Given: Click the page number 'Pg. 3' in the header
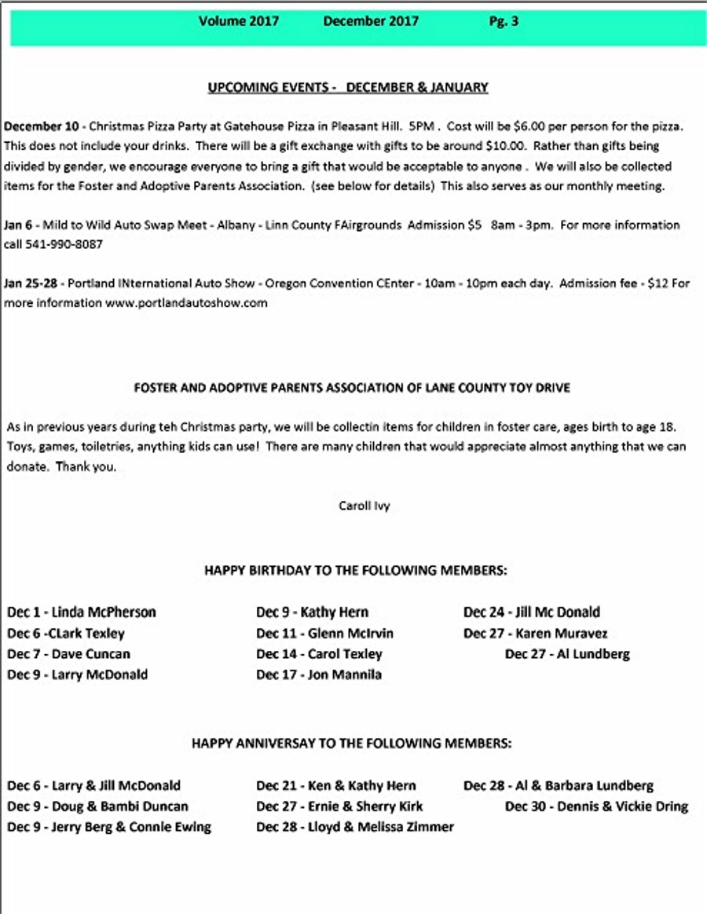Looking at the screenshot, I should coord(504,22).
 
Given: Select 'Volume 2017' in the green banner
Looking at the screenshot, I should coord(238,22).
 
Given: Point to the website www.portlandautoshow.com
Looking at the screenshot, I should coord(187,303).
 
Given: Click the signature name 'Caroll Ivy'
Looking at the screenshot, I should coord(364,506).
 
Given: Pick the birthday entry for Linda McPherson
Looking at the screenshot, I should coord(82,612).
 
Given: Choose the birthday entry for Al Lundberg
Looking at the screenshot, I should coord(567,654).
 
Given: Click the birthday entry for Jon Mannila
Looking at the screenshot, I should coord(319,675).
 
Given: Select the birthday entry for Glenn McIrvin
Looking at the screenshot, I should coord(324,633).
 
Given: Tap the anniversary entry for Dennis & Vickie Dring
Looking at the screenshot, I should coord(596,806).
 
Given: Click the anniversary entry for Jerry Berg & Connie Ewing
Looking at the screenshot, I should coord(109,827).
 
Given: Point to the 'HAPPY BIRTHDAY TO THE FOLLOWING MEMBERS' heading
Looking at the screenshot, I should coord(356,571).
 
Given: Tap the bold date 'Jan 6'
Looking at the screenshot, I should coord(18,225).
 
